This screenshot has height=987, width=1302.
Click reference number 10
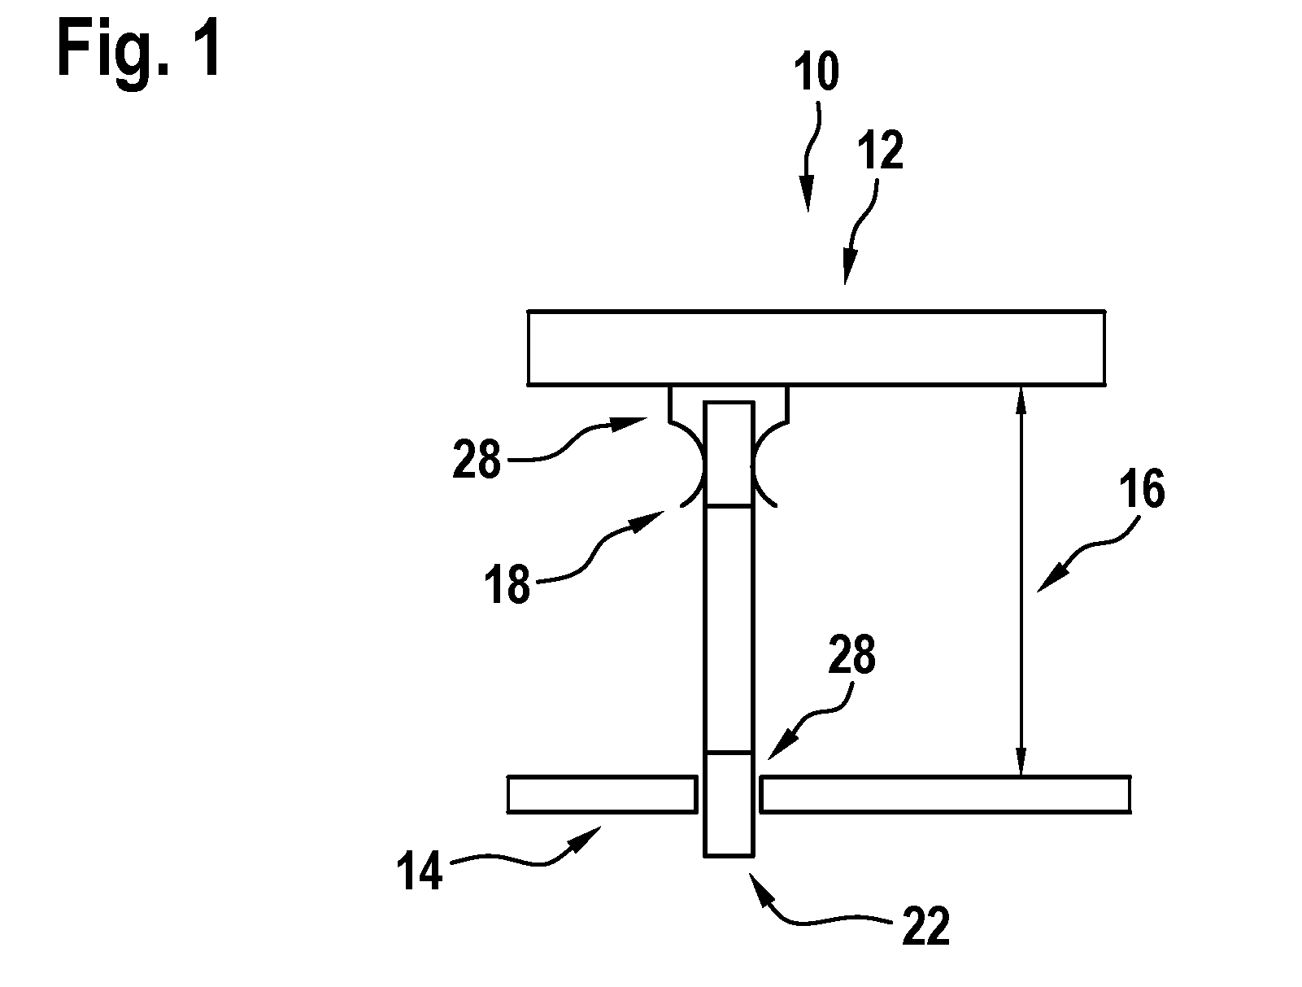tap(816, 72)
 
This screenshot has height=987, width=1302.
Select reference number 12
tap(881, 151)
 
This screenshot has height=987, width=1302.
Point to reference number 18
tap(507, 583)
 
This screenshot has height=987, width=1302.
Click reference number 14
tap(420, 870)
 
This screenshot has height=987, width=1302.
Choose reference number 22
tap(926, 924)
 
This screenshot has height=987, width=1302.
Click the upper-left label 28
tap(477, 459)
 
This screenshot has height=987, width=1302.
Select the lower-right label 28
tap(851, 654)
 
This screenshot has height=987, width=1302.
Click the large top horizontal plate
tap(816, 347)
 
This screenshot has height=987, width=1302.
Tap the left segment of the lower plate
tap(602, 794)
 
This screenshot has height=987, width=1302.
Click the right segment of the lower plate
tap(945, 794)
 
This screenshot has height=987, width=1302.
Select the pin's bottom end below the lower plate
tap(729, 855)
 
